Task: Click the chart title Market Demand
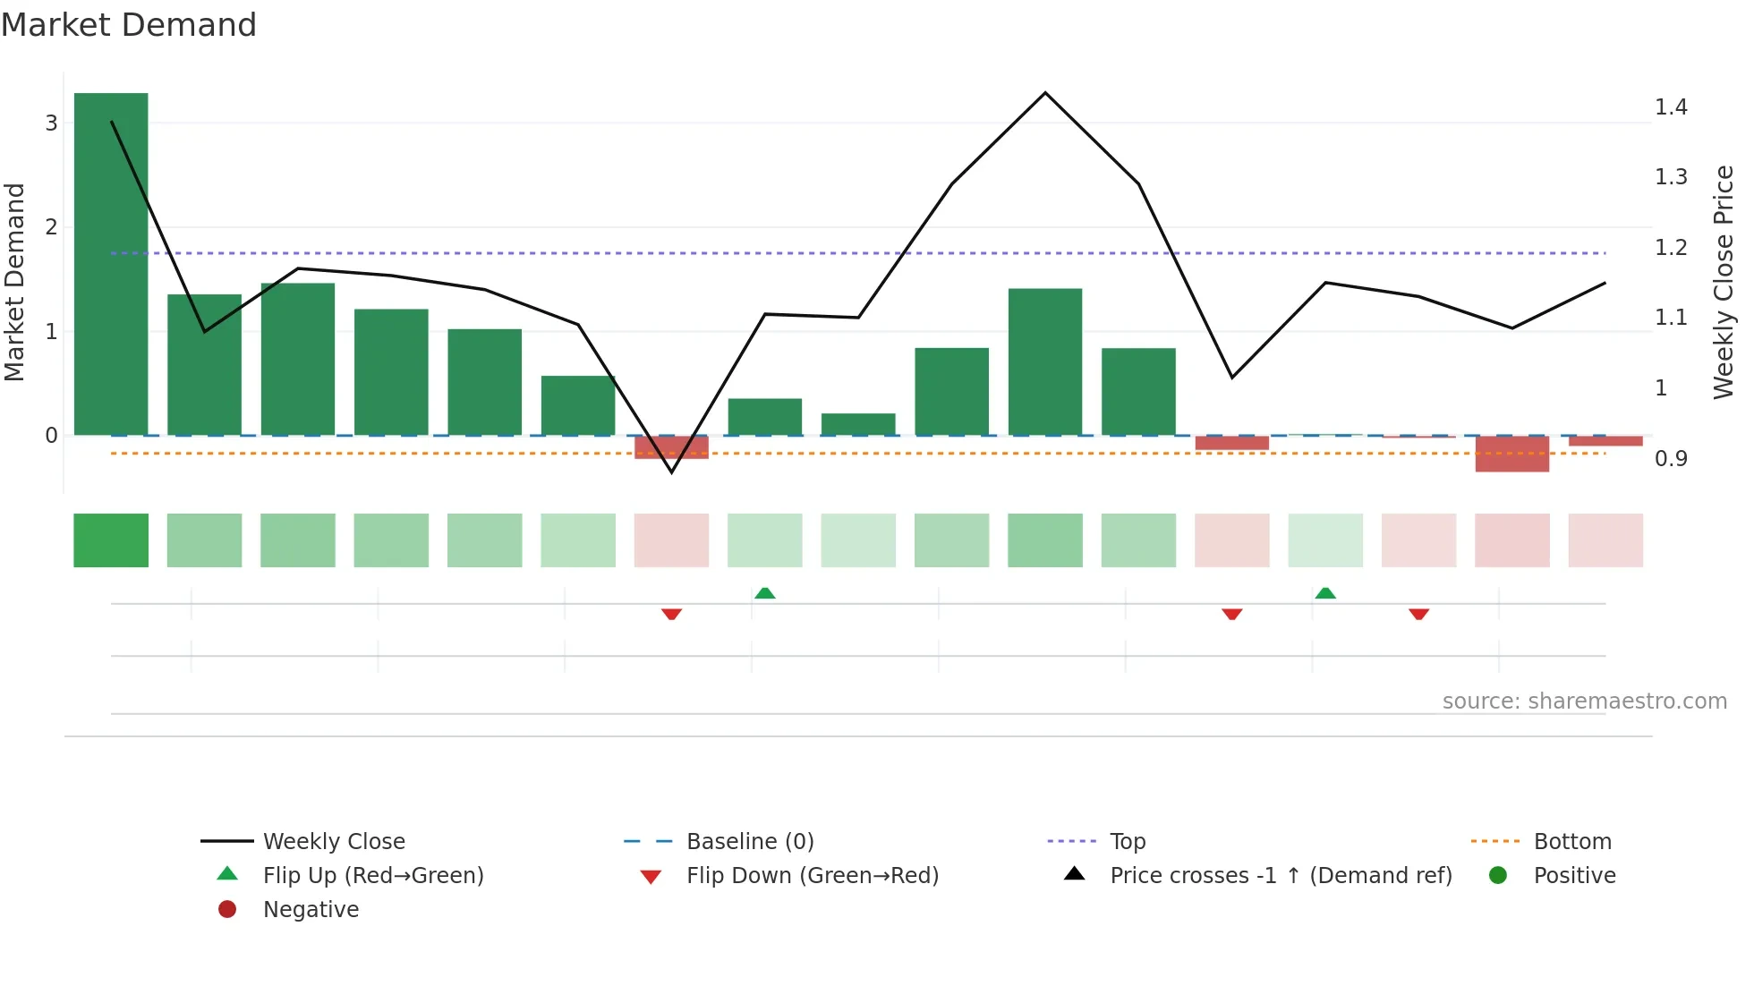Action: point(129,25)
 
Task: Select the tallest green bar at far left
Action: point(111,264)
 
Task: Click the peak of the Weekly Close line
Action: point(1045,93)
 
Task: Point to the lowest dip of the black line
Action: point(672,472)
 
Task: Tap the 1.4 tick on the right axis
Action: point(1670,107)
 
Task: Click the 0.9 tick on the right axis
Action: point(1670,459)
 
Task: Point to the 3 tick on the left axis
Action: point(51,123)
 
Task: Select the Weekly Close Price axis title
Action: point(1723,282)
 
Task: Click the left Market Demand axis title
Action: point(15,282)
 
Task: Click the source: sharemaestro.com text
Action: point(1584,701)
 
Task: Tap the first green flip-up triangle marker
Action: point(765,593)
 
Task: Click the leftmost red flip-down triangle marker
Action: point(672,614)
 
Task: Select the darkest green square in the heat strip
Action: point(111,540)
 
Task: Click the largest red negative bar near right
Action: point(1512,454)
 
